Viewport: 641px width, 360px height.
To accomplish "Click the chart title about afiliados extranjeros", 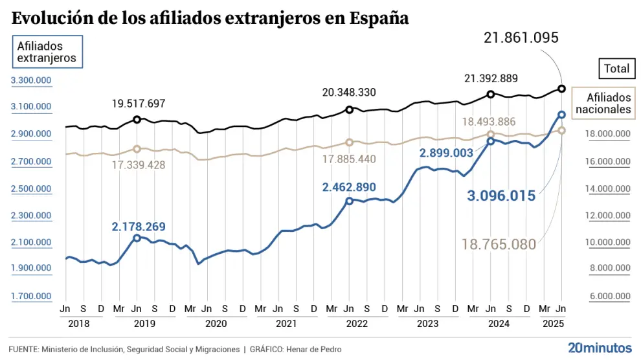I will tap(210, 18).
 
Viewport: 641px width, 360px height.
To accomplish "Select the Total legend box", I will tap(616, 68).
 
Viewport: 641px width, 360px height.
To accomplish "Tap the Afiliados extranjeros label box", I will tap(47, 52).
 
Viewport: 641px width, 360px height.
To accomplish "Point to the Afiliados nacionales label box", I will tap(603, 104).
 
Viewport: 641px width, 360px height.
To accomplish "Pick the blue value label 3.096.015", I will tap(501, 196).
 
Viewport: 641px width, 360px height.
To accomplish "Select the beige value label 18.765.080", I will tap(499, 244).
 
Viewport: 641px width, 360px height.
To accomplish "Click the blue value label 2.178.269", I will tap(138, 227).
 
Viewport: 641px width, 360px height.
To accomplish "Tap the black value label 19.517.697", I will tap(139, 104).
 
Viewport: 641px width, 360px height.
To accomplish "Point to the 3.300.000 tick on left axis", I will tap(30, 80).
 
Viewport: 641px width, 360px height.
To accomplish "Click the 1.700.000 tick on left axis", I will tap(30, 296).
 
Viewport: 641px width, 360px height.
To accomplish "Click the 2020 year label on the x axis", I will tap(216, 323).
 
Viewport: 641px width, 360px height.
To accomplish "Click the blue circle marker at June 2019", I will tap(137, 238).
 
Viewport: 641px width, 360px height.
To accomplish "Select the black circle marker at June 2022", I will tap(349, 110).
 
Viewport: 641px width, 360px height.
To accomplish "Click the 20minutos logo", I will tap(598, 348).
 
